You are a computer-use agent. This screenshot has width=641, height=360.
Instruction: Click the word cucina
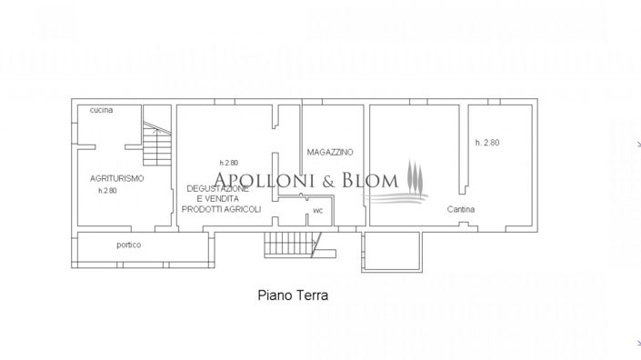pyautogui.click(x=101, y=110)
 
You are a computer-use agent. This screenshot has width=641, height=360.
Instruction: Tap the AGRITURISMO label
pyautogui.click(x=117, y=178)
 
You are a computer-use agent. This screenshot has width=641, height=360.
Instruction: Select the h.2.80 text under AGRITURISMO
pyautogui.click(x=108, y=191)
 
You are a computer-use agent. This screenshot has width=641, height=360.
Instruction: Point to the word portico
pyautogui.click(x=128, y=245)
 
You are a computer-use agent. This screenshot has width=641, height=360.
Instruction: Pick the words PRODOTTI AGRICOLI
pyautogui.click(x=221, y=209)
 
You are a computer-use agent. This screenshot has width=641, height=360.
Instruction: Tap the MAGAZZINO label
pyautogui.click(x=330, y=152)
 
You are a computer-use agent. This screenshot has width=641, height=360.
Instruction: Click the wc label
pyautogui.click(x=317, y=211)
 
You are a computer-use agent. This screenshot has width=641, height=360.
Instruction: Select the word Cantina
pyautogui.click(x=461, y=209)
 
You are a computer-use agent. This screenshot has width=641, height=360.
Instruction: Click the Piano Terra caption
pyautogui.click(x=293, y=295)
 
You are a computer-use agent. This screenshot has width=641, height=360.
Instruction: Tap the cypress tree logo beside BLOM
pyautogui.click(x=414, y=176)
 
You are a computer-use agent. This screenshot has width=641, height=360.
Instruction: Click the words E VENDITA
pyautogui.click(x=221, y=198)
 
